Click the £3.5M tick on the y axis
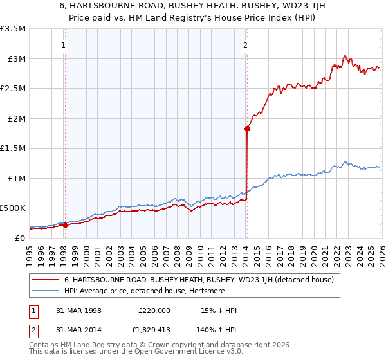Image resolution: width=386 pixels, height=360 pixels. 13,29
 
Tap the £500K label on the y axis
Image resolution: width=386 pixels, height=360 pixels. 13,208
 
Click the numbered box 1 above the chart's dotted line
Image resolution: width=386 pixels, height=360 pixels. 64,45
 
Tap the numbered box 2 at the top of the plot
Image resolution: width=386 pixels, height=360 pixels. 246,45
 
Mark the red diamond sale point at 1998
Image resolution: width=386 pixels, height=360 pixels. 65,225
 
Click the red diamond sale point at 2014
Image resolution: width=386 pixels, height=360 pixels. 247,129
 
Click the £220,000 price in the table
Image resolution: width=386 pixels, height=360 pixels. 154,310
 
